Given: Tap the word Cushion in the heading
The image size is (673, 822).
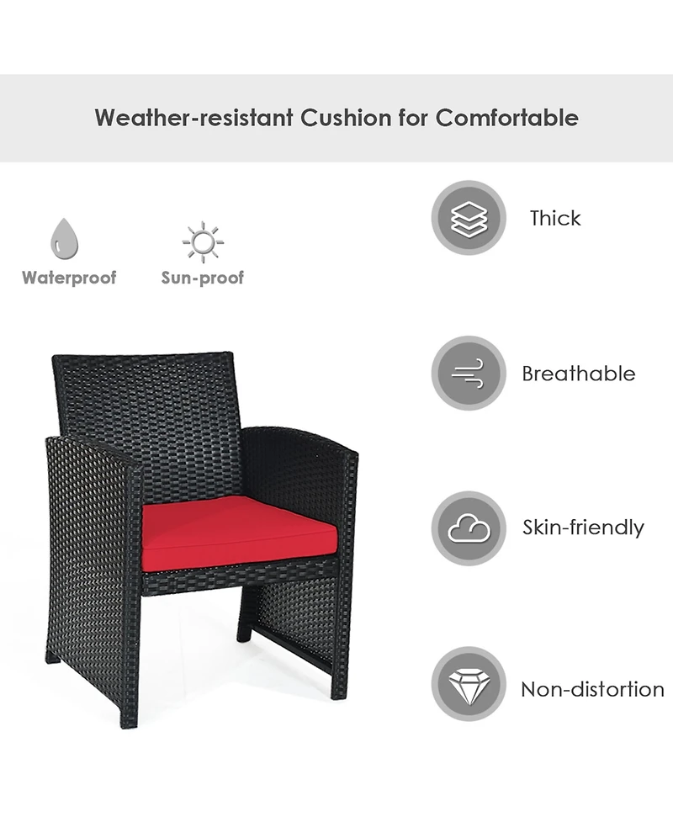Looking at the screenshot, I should tap(344, 118).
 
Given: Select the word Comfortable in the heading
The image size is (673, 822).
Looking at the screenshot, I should tap(506, 118).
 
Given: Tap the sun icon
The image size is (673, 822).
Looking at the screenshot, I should tap(203, 242).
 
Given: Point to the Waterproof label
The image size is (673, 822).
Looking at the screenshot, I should tap(69, 278).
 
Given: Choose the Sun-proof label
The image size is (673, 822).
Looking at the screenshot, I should tap(203, 278).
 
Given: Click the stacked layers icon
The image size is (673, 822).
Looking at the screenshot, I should tap(469, 218).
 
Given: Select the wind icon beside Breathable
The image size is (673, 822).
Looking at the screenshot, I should tap(469, 373).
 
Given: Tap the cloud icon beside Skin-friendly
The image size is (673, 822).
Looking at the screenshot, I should tap(469, 528).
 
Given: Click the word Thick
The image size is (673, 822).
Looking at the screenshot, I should tap(555, 219).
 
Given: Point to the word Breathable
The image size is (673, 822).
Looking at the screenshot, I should tap(579, 374).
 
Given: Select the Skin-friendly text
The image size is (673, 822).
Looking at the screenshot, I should tap(583, 528).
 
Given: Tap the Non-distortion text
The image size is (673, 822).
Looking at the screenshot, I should tap(592, 689).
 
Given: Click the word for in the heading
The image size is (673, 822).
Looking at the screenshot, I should tap(416, 118).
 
